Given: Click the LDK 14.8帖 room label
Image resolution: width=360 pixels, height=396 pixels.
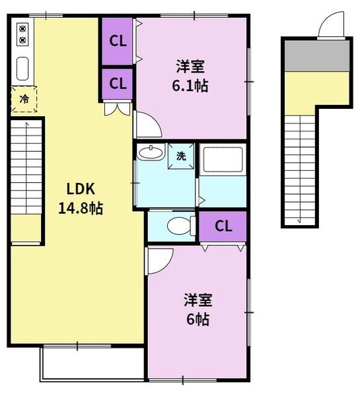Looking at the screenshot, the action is click(x=81, y=199).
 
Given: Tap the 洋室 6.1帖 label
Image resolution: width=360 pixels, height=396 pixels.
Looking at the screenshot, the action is click(x=190, y=76).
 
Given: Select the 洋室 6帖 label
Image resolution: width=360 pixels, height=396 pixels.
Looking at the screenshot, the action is click(x=198, y=310).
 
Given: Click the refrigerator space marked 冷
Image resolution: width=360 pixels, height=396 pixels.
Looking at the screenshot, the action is click(x=24, y=99).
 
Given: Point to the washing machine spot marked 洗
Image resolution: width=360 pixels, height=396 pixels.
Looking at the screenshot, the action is click(x=181, y=156).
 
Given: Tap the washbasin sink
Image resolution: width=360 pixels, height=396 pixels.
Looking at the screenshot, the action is click(x=151, y=152).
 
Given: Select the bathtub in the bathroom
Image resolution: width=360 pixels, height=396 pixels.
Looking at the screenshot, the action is click(x=223, y=160).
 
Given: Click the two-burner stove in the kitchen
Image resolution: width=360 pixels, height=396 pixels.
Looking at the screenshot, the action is click(x=22, y=34).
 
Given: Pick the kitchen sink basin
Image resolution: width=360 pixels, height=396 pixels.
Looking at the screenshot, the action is click(x=22, y=69).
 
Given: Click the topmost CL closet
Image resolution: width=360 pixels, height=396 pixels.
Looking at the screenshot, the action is click(x=118, y=41).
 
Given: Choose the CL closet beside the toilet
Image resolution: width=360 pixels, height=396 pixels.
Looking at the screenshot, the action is click(x=223, y=226).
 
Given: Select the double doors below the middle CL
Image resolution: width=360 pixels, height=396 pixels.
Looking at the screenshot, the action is click(x=118, y=108).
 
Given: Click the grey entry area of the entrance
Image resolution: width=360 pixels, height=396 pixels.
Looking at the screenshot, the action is click(x=317, y=56).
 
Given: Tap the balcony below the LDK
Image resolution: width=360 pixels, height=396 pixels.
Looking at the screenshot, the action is click(x=92, y=364).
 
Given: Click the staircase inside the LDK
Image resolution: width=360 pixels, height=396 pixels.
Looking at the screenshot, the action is click(x=26, y=168).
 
